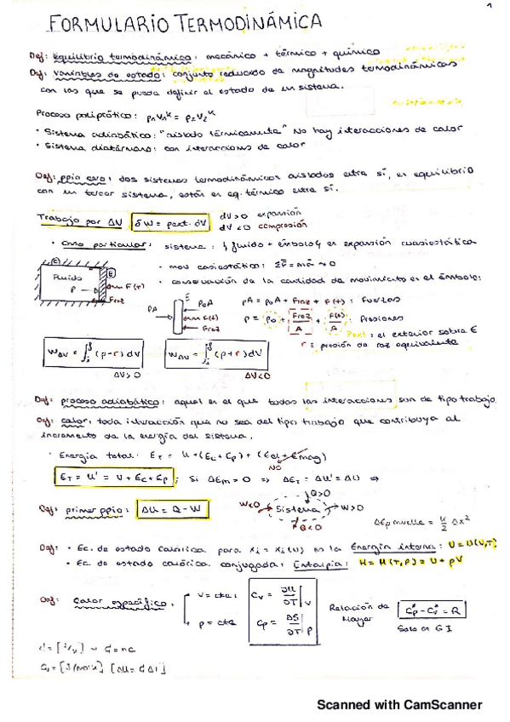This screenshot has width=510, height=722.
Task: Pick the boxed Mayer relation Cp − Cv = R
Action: [433, 610]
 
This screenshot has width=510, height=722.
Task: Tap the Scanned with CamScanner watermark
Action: [399, 704]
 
